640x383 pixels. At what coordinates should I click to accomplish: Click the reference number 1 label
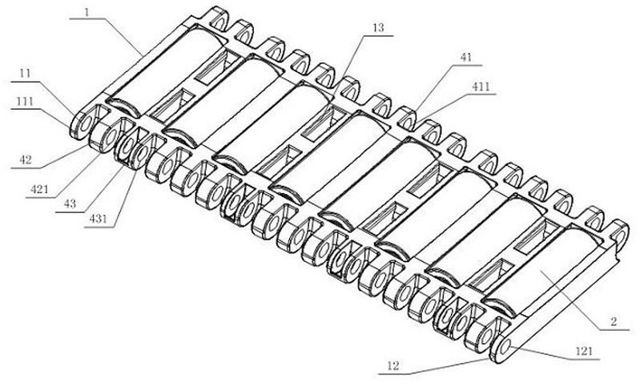pos(87,11)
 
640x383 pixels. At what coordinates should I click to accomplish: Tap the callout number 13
pos(378,28)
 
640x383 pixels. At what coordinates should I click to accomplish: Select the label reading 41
pos(465,57)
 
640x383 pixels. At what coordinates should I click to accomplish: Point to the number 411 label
pos(481,87)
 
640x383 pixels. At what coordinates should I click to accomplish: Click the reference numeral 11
pos(26,74)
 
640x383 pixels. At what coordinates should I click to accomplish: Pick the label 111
pos(25,101)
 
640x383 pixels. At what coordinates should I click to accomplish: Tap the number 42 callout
pos(26,159)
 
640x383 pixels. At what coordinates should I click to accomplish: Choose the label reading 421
pos(39,189)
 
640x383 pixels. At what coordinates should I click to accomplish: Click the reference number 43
pos(70,204)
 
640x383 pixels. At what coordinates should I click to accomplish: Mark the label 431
pos(99,219)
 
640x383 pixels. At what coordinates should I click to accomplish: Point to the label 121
pos(584,351)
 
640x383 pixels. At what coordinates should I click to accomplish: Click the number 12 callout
pos(392,365)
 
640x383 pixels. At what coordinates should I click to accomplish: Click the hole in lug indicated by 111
pos(84,123)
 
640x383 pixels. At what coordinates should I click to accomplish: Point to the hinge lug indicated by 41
pos(405,117)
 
